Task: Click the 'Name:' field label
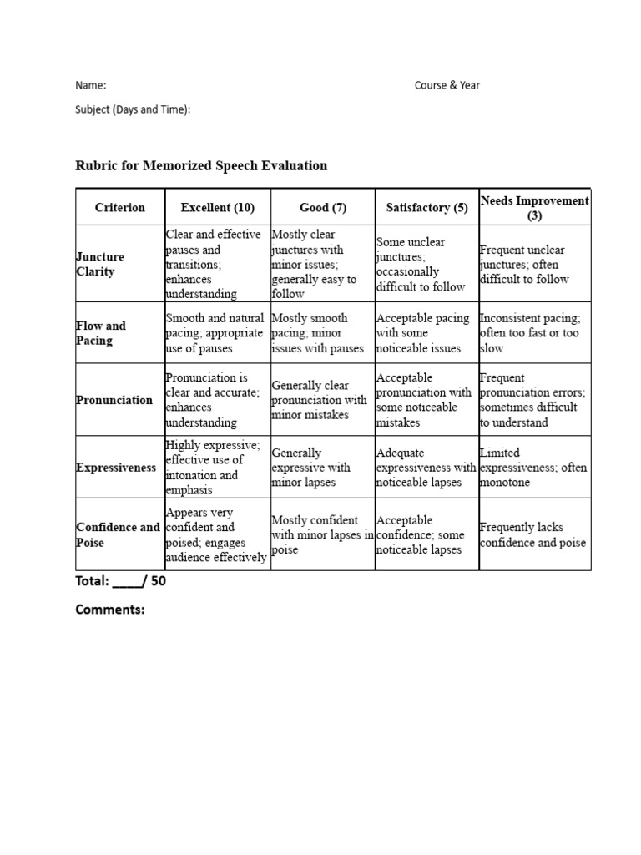click(x=91, y=85)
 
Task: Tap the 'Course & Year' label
click(x=447, y=85)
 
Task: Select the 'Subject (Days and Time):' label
click(x=133, y=109)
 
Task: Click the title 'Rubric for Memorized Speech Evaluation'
click(x=201, y=165)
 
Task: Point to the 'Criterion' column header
click(x=120, y=208)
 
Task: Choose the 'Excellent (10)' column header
click(x=218, y=208)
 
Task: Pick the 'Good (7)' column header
click(x=323, y=208)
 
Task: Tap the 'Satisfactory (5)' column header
click(x=426, y=208)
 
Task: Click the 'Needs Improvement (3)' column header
click(x=535, y=208)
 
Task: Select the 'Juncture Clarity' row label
click(x=100, y=264)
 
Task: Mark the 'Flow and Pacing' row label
click(x=101, y=333)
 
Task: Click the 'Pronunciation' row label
click(x=114, y=400)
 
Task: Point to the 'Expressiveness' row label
click(x=116, y=468)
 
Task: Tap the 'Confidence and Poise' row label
click(x=118, y=535)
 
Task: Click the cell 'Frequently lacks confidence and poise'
click(x=532, y=535)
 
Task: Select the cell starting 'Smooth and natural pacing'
click(x=215, y=333)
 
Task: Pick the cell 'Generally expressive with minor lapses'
click(x=311, y=468)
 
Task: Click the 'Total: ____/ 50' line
click(x=121, y=582)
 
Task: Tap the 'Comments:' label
click(x=110, y=610)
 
